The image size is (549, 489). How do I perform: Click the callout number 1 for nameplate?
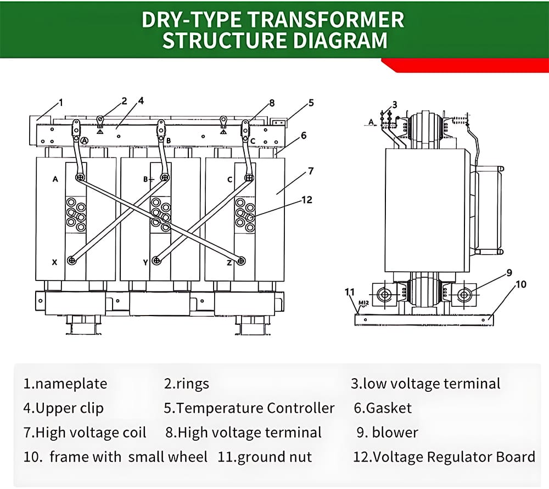click(61, 102)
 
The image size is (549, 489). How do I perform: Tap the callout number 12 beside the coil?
click(307, 200)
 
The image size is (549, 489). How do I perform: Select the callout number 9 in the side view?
click(509, 272)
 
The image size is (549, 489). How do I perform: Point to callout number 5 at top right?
click(311, 103)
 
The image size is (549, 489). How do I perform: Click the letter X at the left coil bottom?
click(54, 262)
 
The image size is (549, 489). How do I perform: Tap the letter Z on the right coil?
click(228, 262)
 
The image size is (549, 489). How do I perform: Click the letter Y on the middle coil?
click(145, 262)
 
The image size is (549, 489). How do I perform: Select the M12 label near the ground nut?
click(363, 302)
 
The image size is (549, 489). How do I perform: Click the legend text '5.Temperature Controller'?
click(249, 408)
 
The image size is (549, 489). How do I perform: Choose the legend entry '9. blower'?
click(387, 432)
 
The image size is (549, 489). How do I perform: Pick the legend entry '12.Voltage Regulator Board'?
click(444, 457)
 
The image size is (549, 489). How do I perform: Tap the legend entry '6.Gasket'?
click(382, 408)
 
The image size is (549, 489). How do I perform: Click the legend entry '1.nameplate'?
click(65, 384)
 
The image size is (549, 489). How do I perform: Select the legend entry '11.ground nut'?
click(265, 457)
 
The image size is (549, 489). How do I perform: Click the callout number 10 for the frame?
click(521, 284)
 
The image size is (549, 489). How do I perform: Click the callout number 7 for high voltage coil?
click(311, 171)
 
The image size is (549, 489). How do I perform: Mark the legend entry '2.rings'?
click(187, 384)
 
